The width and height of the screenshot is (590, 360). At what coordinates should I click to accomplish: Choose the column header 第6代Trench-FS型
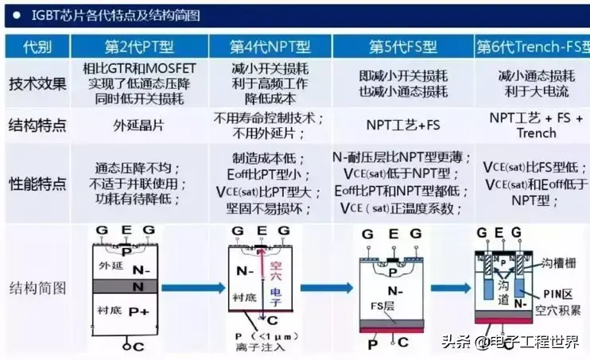click(x=530, y=46)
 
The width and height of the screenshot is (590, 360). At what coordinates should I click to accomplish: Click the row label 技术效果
click(x=37, y=83)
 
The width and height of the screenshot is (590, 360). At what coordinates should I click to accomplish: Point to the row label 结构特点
click(x=37, y=125)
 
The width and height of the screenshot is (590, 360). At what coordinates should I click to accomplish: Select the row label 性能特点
click(x=37, y=183)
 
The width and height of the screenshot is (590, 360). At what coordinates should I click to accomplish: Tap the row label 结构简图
click(x=37, y=287)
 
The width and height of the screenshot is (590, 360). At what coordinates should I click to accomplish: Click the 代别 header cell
click(x=37, y=46)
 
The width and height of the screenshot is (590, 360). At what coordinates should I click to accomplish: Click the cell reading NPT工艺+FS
click(x=403, y=126)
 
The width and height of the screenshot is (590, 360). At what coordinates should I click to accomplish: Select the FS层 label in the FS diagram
click(x=386, y=303)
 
